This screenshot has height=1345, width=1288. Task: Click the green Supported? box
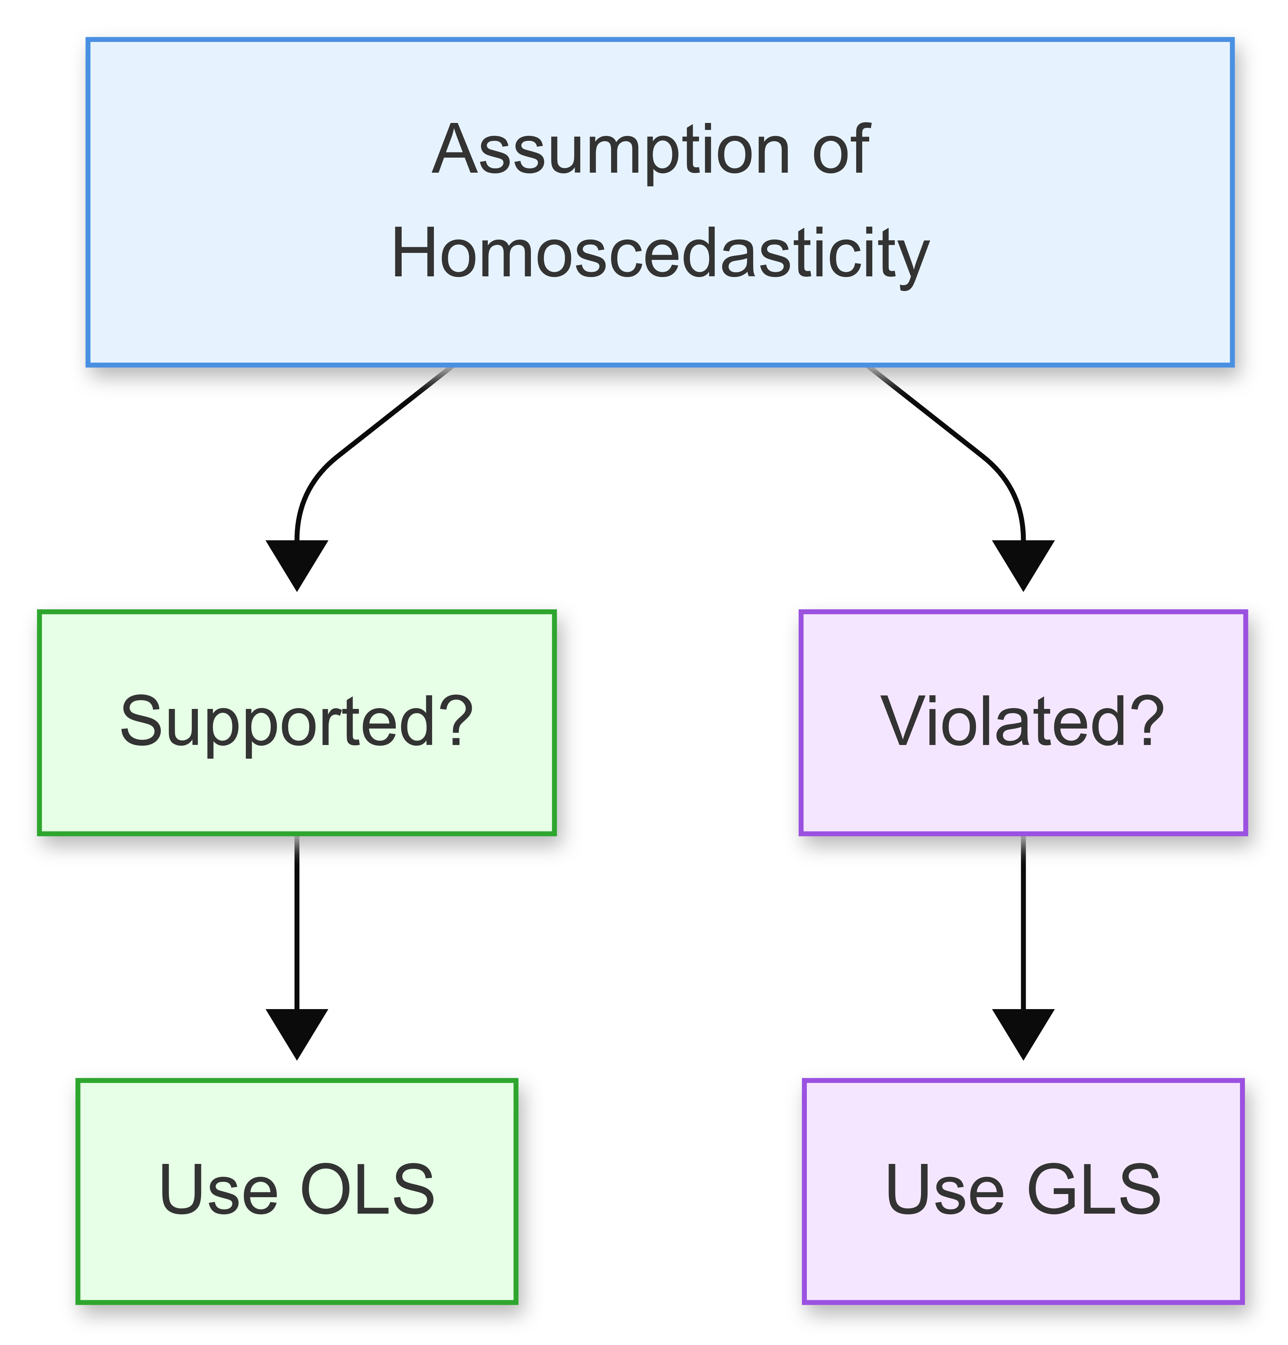click(297, 722)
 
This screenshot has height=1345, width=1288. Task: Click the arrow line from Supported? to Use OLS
click(297, 919)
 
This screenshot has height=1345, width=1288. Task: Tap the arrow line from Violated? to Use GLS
click(1023, 919)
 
